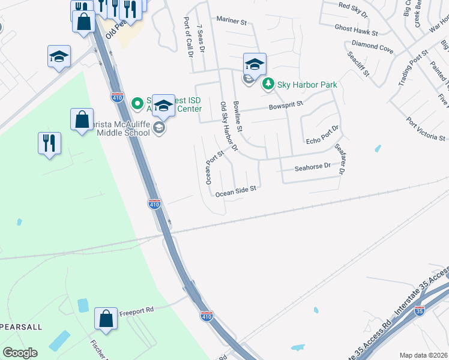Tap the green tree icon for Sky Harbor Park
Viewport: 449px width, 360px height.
pyautogui.click(x=268, y=85)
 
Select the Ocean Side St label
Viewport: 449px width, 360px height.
pyautogui.click(x=236, y=191)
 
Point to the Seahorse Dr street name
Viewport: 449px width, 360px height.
pyautogui.click(x=313, y=166)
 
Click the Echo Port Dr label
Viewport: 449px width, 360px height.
pyautogui.click(x=322, y=133)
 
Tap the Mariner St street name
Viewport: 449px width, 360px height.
pyautogui.click(x=232, y=21)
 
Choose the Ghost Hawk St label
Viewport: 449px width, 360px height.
pyautogui.click(x=357, y=30)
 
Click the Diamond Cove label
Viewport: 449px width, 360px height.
pyautogui.click(x=372, y=47)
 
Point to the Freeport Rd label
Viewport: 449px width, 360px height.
pyautogui.click(x=136, y=311)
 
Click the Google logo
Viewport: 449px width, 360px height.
pyautogui.click(x=20, y=353)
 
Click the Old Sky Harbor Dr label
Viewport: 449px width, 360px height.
pyautogui.click(x=229, y=126)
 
